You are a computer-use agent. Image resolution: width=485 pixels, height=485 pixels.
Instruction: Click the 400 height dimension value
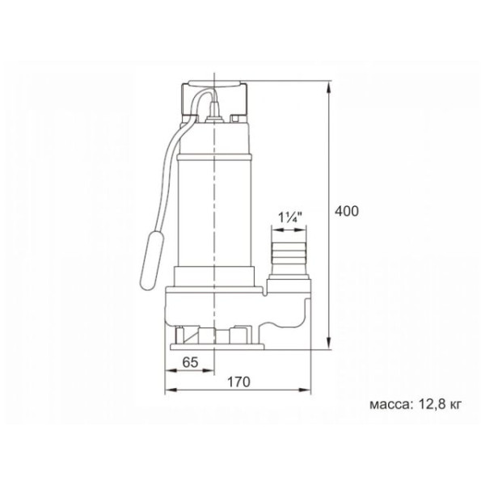[x=347, y=211]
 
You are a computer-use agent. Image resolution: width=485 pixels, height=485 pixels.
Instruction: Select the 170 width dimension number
[x=238, y=382]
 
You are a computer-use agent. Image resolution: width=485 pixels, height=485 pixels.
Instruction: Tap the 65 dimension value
[x=190, y=362]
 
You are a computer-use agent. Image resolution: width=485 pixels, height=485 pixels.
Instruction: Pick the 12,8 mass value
[x=431, y=404]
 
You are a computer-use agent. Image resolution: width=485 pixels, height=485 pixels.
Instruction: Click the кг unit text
[x=454, y=405]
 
